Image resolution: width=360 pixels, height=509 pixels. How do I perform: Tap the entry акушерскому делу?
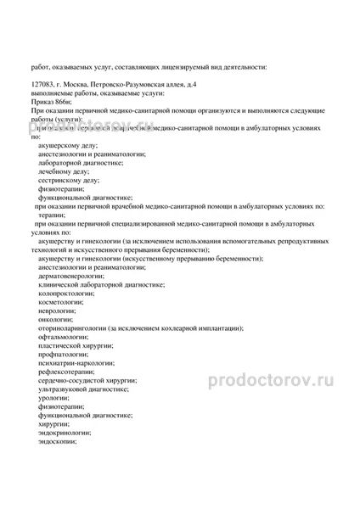click(69, 146)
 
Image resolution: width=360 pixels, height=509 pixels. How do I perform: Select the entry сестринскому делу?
click(69, 180)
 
